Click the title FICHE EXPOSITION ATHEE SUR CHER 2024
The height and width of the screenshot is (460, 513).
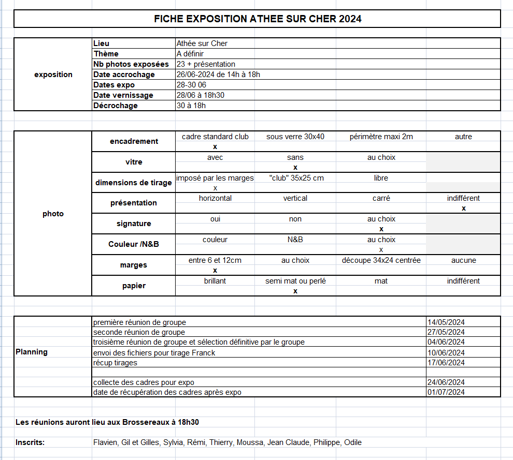pos(258,19)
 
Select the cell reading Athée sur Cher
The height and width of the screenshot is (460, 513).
pos(202,43)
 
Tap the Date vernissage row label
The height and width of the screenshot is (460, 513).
pos(123,95)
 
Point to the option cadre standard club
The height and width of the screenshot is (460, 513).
pos(215,137)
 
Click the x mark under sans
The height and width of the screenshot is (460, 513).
pos(295,167)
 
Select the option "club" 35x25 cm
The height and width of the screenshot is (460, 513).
pos(296,178)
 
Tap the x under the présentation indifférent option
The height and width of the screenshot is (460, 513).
pos(464,208)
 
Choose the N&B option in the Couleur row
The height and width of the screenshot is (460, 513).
pos(295,240)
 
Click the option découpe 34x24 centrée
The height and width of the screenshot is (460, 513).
pos(381,260)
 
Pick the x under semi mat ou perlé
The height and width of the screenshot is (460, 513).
pos(295,291)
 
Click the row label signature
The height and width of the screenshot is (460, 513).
pos(134,224)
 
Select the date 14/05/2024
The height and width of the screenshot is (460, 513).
pos(446,322)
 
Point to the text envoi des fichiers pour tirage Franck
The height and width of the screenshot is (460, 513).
pos(154,353)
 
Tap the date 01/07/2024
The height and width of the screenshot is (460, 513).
pos(446,392)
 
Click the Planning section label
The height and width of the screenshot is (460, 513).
pos(32,352)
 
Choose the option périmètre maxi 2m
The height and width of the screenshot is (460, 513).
pos(381,137)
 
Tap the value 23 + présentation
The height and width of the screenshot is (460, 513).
pos(206,64)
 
